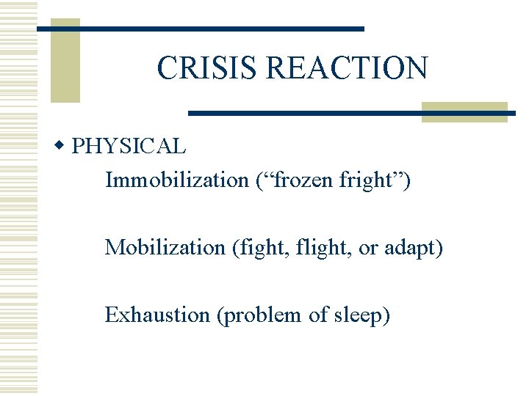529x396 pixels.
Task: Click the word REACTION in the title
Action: [346, 68]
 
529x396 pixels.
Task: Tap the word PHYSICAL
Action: [129, 146]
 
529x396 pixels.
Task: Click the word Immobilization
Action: [177, 180]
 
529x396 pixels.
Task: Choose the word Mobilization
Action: [165, 247]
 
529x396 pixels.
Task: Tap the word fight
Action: [256, 247]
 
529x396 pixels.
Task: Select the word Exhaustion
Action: [157, 315]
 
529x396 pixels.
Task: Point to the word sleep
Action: [359, 315]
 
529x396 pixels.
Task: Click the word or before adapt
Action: [367, 248]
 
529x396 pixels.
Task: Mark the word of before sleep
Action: [317, 315]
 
